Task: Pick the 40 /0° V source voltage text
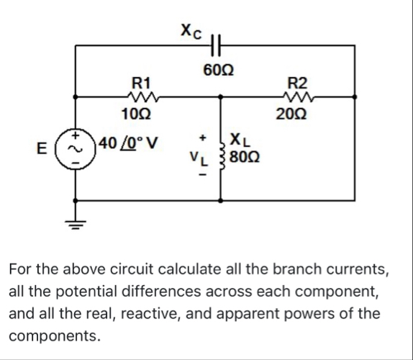(x=130, y=141)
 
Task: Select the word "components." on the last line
(x=54, y=336)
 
